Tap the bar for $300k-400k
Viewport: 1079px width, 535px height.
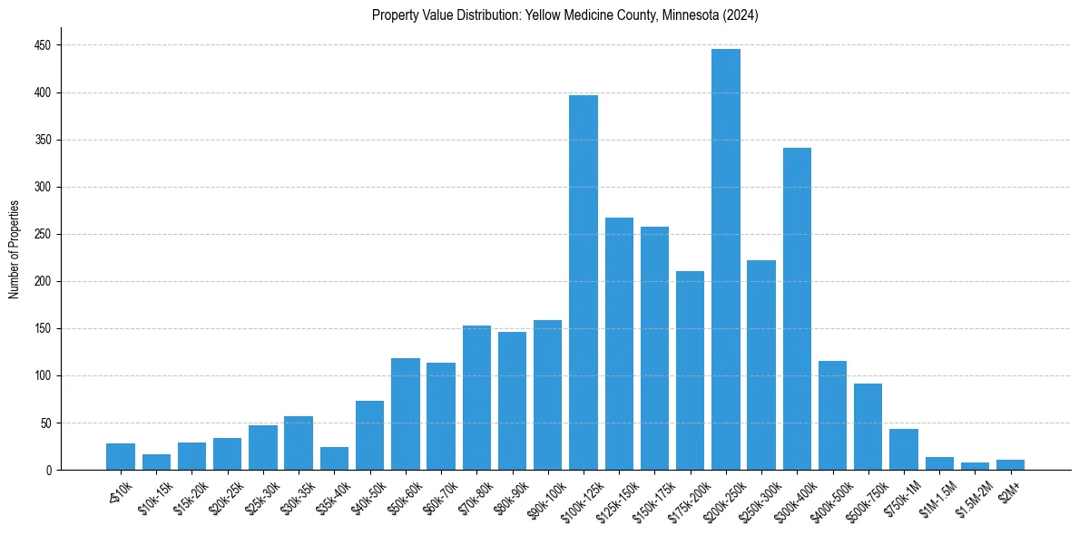coord(797,308)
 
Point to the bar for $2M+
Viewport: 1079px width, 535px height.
coord(1010,465)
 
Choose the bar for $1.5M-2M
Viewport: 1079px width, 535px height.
coord(975,466)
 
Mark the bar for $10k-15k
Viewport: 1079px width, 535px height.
coord(156,462)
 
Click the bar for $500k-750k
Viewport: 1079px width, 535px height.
coord(868,426)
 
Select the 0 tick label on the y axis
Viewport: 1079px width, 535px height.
coord(50,470)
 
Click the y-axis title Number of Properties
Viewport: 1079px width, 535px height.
coord(14,249)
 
